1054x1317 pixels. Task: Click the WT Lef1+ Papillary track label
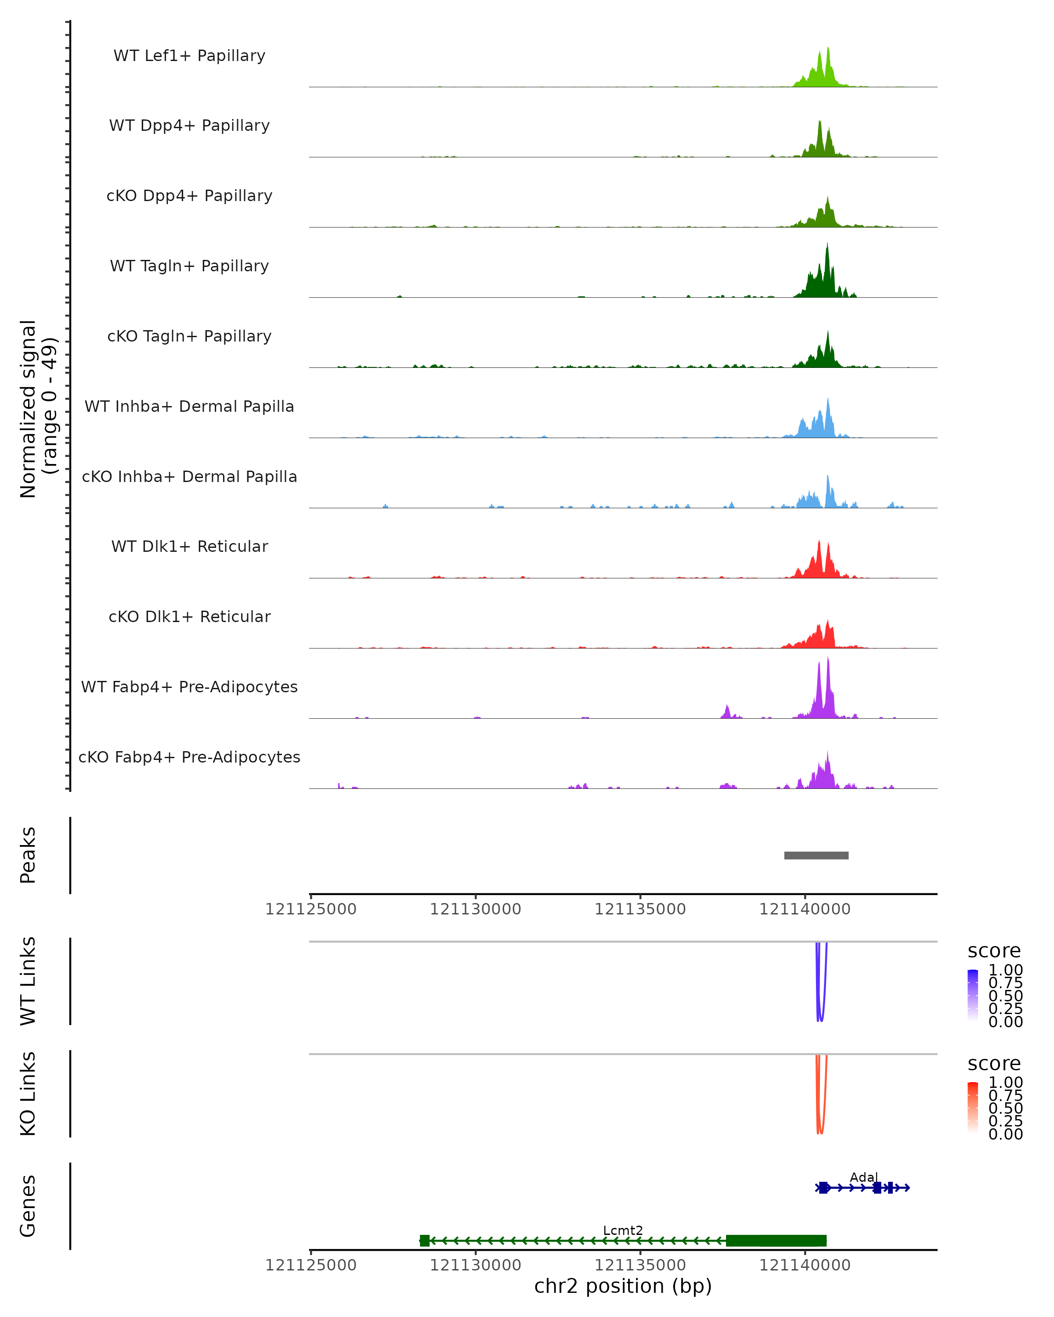coord(189,56)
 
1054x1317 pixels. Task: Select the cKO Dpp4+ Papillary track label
coord(189,196)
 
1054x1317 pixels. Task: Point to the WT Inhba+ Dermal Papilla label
coord(189,407)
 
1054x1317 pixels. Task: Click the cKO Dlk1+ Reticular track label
coord(189,617)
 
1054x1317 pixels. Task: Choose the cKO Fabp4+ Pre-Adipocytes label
coord(189,757)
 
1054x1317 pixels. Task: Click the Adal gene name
coord(863,1177)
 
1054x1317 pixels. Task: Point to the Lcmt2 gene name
coord(623,1230)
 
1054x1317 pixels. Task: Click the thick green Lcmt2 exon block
coord(776,1241)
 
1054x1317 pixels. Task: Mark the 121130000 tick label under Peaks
coord(475,910)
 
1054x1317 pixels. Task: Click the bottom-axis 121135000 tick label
coord(640,1265)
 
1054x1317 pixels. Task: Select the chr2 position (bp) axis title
coord(623,1286)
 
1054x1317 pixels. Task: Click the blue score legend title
coord(993,951)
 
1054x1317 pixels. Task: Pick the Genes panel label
coord(28,1206)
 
